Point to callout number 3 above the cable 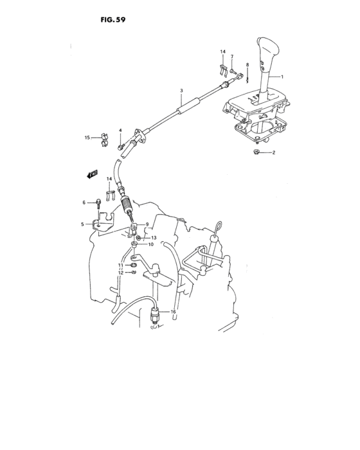(181, 91)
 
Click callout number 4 (120, 130)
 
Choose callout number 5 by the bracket (82, 224)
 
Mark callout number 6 (84, 203)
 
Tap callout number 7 (232, 57)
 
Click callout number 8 (247, 65)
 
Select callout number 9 (147, 224)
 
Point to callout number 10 (151, 244)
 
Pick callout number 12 (120, 273)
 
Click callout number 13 (154, 237)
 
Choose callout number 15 (87, 137)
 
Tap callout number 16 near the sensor (172, 312)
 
